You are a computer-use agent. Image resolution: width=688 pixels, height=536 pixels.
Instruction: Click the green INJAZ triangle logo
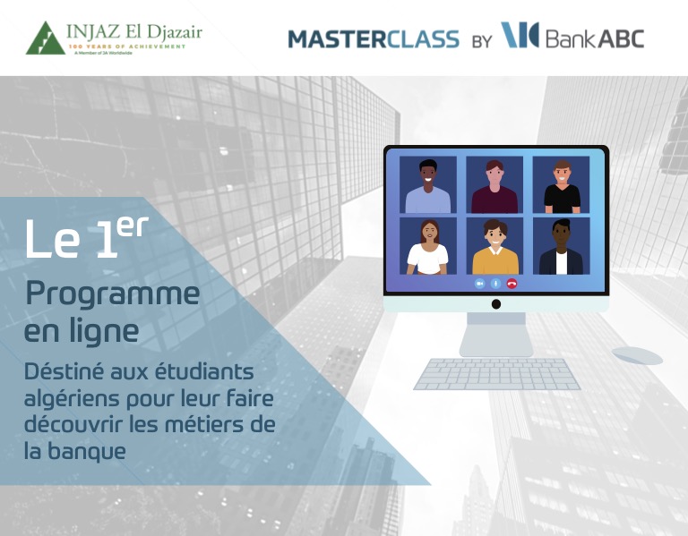coord(45,38)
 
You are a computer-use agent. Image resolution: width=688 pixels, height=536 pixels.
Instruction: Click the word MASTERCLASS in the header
coord(374,39)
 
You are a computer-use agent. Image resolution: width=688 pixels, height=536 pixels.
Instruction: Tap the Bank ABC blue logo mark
coord(520,35)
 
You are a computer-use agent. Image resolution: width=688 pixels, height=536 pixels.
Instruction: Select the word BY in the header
coord(482,41)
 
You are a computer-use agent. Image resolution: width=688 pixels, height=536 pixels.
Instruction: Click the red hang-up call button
coord(512,284)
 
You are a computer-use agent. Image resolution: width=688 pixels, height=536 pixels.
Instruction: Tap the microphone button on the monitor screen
coord(495,284)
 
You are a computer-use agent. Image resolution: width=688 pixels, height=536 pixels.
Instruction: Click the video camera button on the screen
coord(479,284)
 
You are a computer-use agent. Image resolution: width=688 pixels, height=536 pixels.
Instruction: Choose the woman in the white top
coord(428,247)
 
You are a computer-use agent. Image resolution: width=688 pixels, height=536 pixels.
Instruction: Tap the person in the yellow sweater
coord(495,247)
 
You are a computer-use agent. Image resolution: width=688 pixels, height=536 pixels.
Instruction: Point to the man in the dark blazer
coord(561,247)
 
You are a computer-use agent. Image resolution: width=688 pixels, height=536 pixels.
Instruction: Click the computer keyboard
coord(497,374)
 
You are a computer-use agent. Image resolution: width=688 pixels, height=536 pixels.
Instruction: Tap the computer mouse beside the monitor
coord(637,355)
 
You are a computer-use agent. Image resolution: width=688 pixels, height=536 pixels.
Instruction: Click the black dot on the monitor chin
coord(496,304)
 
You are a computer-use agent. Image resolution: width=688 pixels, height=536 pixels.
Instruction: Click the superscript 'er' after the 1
coord(133,226)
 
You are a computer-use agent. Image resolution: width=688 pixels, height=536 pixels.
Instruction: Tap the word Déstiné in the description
coord(64,371)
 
